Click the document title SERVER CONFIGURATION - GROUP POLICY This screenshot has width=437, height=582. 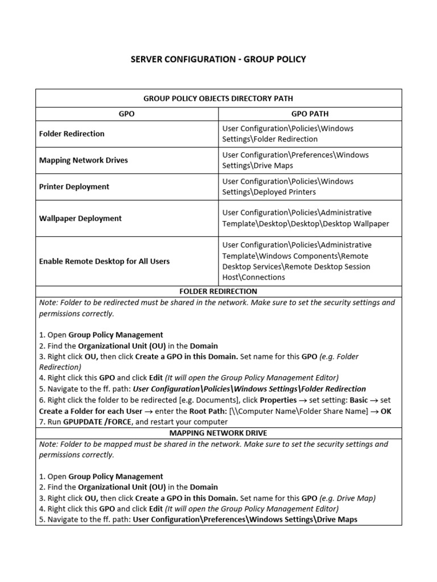point(218,59)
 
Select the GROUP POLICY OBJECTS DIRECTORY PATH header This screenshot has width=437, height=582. point(218,98)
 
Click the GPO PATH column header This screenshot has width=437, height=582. point(310,114)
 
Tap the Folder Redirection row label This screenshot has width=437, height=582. point(72,134)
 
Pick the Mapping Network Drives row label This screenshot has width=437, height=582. point(83,160)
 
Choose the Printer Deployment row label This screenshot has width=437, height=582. point(74,186)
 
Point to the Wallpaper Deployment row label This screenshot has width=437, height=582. point(80,218)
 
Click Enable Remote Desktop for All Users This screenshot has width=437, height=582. point(104,261)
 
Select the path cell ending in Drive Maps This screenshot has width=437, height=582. point(295,160)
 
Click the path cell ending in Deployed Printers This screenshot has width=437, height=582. point(287,186)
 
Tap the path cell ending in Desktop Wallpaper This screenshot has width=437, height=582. point(306,218)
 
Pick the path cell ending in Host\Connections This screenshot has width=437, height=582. point(296,261)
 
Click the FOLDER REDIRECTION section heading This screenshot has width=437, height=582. point(218,292)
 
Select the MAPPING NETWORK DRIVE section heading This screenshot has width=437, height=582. point(218,433)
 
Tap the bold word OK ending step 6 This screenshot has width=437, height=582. point(386,411)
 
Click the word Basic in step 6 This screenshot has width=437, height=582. point(362,400)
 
